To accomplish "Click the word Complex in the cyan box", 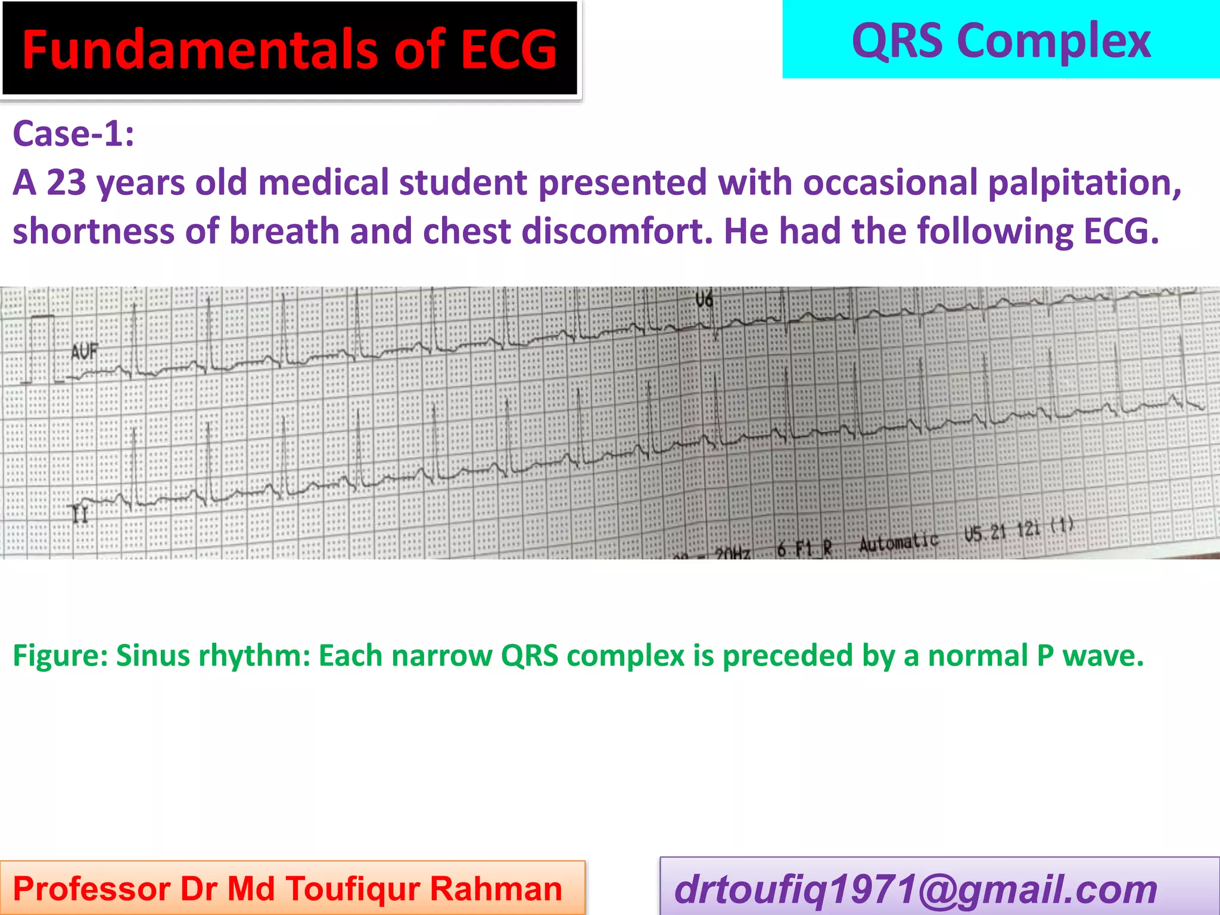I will click(x=1054, y=42).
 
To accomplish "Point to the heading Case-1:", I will click(x=73, y=133).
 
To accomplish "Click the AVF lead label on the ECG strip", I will click(x=84, y=352).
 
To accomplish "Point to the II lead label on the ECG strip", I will click(x=80, y=513).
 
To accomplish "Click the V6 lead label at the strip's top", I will click(x=704, y=300).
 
